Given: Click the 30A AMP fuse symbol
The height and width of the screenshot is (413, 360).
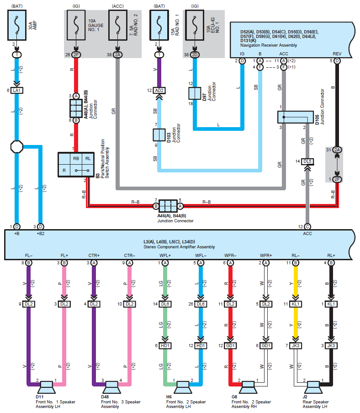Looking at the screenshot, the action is (17, 25).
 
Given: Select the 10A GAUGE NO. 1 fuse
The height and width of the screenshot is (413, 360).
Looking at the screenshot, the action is (76, 25).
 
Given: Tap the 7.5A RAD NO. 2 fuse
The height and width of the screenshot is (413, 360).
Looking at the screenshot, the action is (118, 25).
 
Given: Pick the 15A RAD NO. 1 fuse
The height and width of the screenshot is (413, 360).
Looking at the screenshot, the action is (159, 25).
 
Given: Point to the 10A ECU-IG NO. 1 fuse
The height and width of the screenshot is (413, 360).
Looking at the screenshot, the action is (195, 25).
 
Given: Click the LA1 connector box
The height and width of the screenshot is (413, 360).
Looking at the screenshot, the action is (16, 91).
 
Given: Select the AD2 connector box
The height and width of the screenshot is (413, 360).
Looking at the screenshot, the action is (159, 91).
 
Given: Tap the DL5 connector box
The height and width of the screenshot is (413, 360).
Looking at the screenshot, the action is (307, 161).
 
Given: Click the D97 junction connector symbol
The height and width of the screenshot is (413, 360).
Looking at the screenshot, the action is (195, 93).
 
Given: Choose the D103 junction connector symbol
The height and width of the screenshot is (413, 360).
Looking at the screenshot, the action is (159, 134).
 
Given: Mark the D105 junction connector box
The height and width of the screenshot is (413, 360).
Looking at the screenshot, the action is (296, 117).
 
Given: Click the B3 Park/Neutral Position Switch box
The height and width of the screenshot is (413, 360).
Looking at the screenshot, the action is (76, 165).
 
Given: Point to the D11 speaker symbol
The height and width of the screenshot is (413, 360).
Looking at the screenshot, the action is (47, 387).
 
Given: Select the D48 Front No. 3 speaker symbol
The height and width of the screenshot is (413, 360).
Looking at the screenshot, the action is (112, 387).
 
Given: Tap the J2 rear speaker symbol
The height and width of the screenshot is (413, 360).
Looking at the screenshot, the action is (313, 387).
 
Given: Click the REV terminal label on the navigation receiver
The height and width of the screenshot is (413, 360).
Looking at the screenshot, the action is (337, 54).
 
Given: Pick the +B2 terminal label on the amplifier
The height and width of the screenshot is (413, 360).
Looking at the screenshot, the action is (41, 234).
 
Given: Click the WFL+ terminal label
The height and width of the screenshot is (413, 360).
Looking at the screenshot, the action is (165, 256).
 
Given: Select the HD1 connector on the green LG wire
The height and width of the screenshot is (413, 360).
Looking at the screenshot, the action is (165, 346).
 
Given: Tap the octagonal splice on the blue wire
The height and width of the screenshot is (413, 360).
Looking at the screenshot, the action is (16, 147).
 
